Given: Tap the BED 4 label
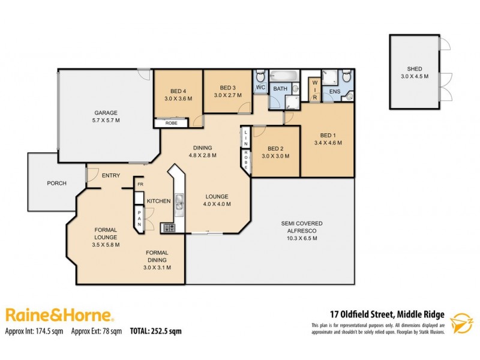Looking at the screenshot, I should point(178,91).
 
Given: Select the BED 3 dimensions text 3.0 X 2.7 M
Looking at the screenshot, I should point(227,95).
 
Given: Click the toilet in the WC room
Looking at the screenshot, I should point(260,76).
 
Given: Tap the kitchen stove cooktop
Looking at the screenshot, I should point(169,227).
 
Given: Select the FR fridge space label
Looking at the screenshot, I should point(140,184).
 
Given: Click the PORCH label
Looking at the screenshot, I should point(56,184).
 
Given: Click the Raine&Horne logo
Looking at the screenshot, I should point(59,315).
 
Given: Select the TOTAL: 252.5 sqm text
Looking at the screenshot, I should point(155,331).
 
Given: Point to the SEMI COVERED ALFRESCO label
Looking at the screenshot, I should point(298,230).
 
